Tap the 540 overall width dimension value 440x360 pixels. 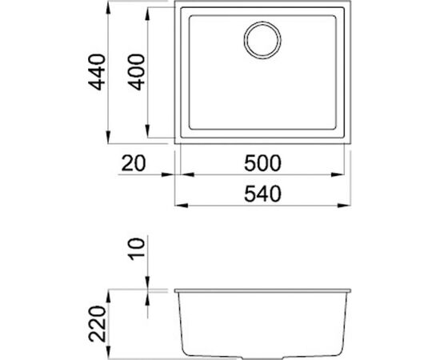click(262, 194)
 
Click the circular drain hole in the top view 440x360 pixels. click(262, 41)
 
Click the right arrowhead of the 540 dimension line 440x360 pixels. click(347, 205)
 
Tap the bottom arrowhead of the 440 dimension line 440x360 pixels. click(109, 143)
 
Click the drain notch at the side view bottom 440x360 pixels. click(263, 354)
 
